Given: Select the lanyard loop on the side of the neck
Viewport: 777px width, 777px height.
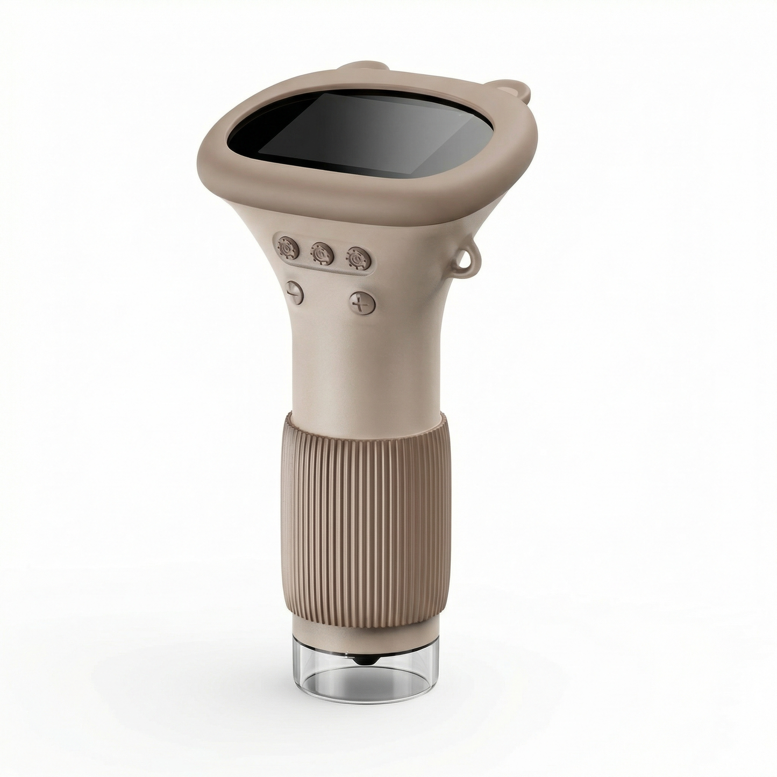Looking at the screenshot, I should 464,259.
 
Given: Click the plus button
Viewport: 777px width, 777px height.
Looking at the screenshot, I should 361,302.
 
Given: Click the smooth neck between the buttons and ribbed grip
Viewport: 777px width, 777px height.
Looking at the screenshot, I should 366,371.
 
